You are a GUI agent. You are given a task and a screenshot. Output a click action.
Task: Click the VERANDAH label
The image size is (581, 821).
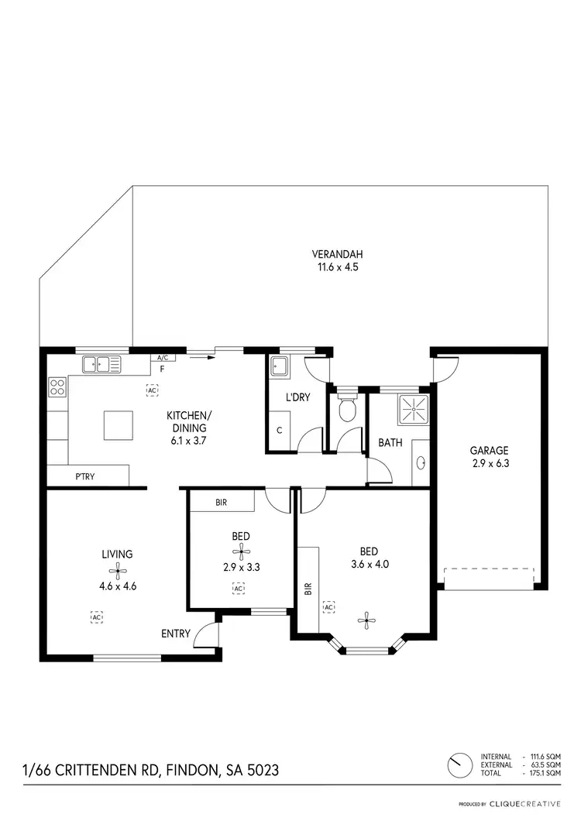pos(337,254)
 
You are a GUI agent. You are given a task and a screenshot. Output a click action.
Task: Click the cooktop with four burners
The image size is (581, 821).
pos(57,386)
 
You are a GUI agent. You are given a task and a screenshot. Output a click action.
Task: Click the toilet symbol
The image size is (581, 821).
pos(348,409)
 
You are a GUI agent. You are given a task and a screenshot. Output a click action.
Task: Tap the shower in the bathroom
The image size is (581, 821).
pos(413,410)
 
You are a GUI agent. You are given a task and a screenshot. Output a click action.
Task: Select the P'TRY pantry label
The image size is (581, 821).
pos(85,476)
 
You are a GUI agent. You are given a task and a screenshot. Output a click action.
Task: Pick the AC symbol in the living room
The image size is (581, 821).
pos(96,617)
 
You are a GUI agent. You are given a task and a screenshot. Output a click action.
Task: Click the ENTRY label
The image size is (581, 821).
pos(176,634)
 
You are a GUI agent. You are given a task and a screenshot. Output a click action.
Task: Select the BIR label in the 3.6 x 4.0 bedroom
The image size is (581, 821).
pos(308,589)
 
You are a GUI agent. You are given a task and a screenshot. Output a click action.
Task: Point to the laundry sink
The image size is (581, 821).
pos(279,368)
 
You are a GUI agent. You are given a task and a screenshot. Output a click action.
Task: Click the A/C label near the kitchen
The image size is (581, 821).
pos(163,358)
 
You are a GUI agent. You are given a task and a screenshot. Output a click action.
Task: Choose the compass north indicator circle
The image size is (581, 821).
pos(459,764)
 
